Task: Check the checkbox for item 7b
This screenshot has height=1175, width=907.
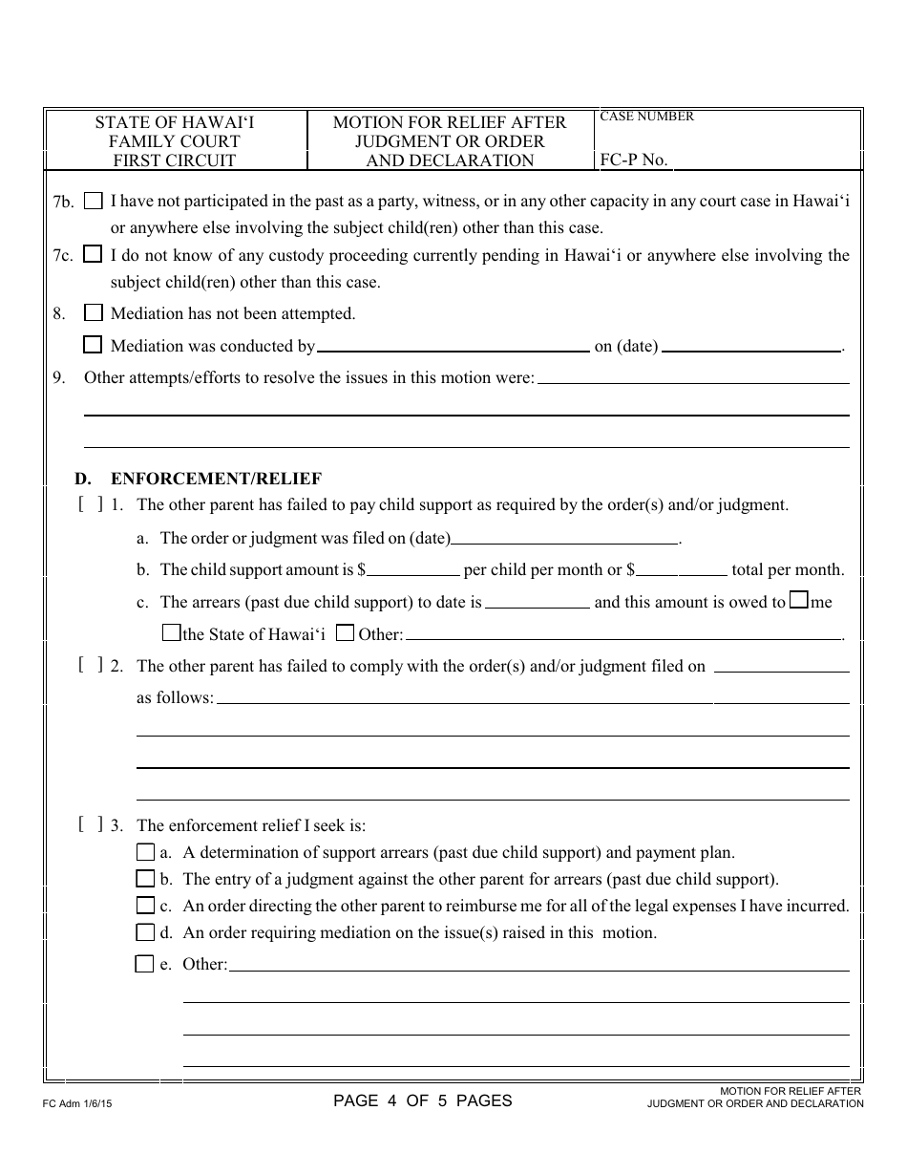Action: point(93,201)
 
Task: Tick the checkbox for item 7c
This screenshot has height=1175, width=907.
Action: point(93,254)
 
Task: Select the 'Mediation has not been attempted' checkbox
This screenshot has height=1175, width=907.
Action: point(93,312)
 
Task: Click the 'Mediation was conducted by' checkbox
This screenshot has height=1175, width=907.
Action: point(93,345)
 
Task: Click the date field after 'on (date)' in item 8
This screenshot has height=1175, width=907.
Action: point(751,346)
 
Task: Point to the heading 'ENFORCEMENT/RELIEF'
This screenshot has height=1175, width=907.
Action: point(216,479)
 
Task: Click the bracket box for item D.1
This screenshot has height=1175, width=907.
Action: point(91,504)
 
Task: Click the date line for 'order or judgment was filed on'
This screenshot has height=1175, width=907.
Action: point(564,538)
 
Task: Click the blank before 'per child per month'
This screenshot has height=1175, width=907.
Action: point(413,570)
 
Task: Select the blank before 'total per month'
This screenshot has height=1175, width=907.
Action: point(682,570)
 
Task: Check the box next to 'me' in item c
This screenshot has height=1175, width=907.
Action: point(800,601)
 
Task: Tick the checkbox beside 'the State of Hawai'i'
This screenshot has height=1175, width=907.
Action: point(171,632)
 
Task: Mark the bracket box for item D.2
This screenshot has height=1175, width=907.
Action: point(91,665)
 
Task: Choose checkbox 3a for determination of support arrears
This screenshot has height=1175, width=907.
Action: point(145,852)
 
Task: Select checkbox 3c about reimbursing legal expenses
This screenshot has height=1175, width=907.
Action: point(145,905)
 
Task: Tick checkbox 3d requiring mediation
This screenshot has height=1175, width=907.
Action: point(145,931)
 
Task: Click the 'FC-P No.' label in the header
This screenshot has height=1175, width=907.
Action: point(633,160)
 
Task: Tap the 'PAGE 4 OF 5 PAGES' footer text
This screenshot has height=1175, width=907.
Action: point(422,1100)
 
